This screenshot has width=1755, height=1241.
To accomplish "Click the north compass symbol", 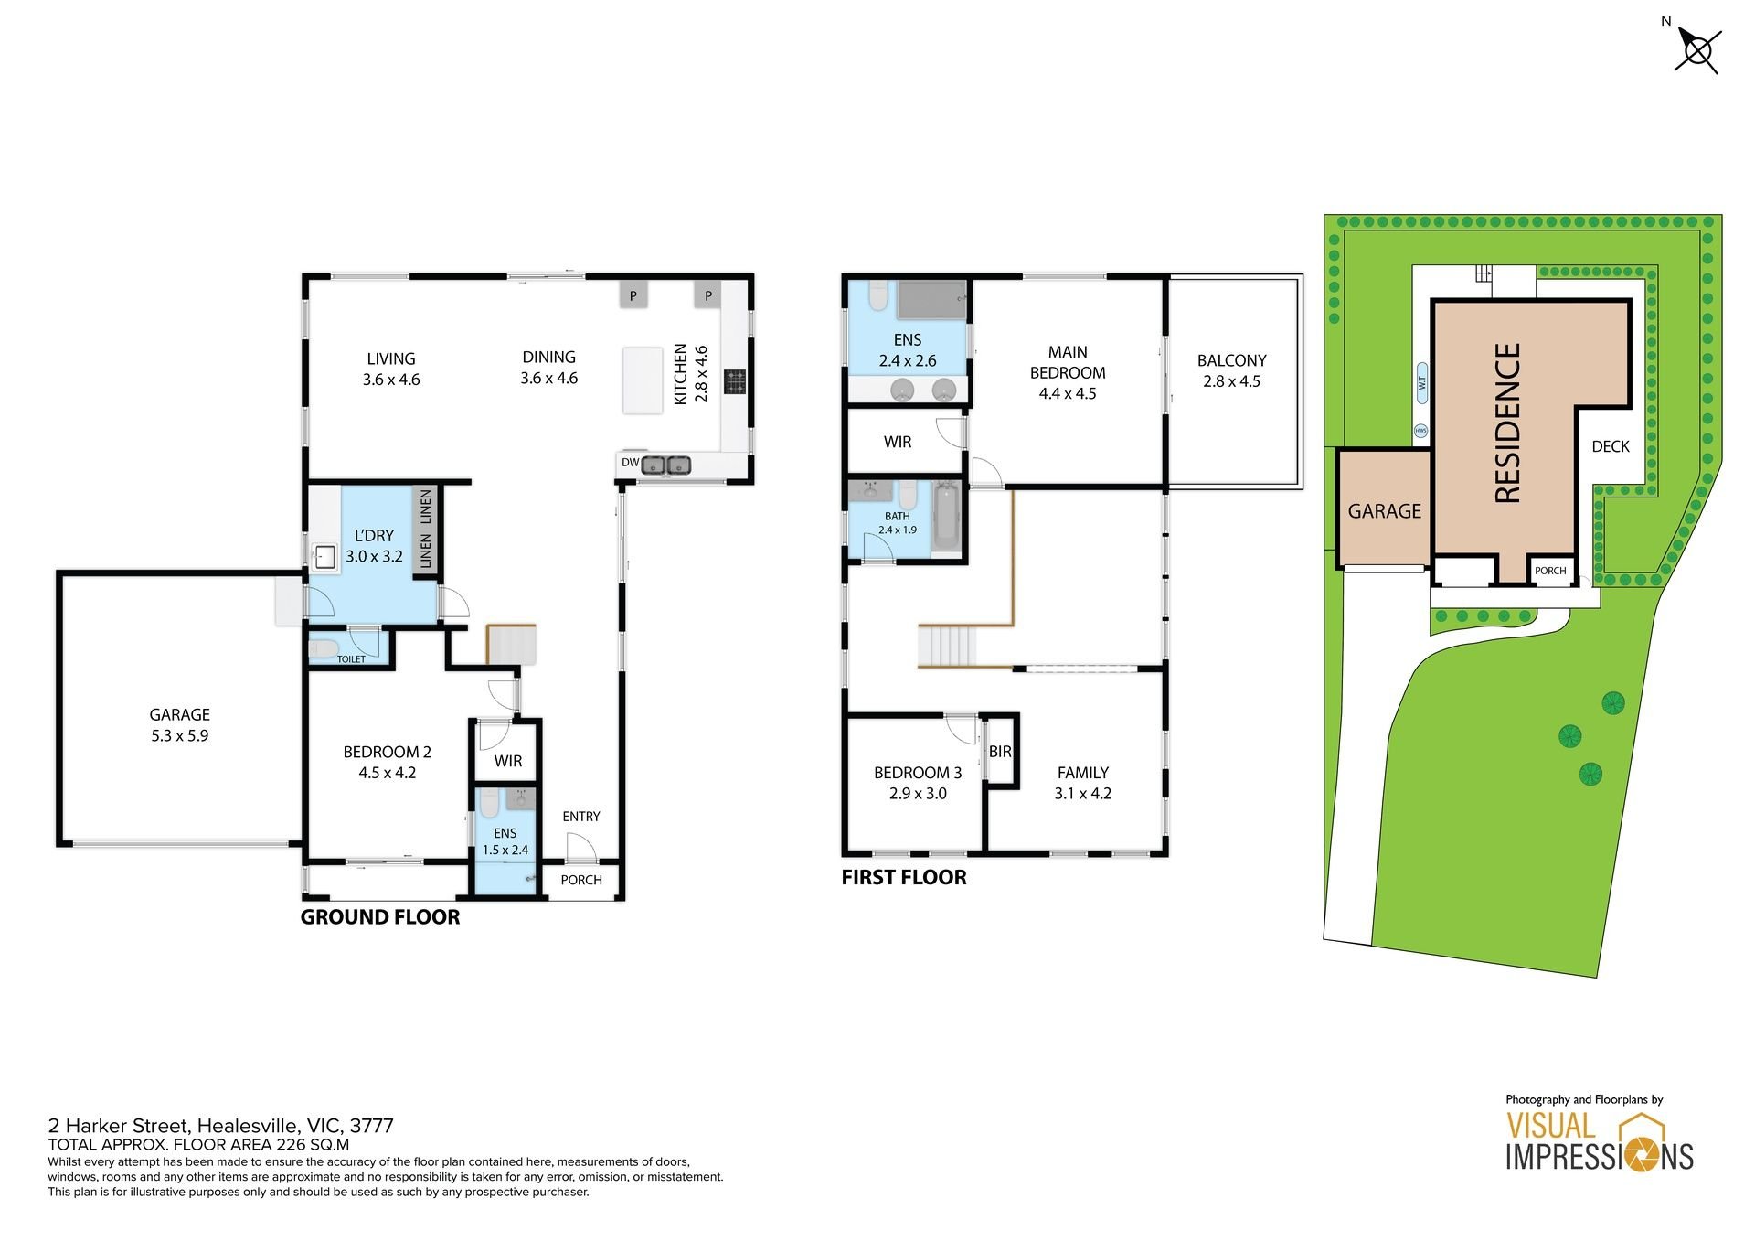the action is pos(1698,50).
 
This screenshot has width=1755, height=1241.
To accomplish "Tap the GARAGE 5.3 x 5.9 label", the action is pos(180,725).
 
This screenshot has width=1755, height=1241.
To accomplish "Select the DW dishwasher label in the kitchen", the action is pos(630,463).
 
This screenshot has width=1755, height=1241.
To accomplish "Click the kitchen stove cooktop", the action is pos(736,381).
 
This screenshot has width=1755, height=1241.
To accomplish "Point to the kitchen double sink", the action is pos(665,465).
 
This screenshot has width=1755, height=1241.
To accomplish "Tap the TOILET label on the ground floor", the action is pos(351,659).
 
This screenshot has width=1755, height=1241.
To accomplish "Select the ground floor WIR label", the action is pos(508,761).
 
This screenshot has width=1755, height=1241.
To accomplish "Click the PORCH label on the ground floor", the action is pos(581,880).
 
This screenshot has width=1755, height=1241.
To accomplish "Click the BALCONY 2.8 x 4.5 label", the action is pos(1232,370).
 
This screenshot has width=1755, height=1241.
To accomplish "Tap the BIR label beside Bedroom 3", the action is pos(1000,752).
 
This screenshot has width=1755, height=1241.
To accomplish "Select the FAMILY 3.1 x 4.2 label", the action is pos(1083,783).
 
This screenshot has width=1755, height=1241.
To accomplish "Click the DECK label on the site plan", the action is pos(1611,446).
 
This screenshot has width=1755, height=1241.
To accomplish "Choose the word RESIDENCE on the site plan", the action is pos(1507,423).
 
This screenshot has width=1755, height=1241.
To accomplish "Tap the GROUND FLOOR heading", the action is pos(380,917).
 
